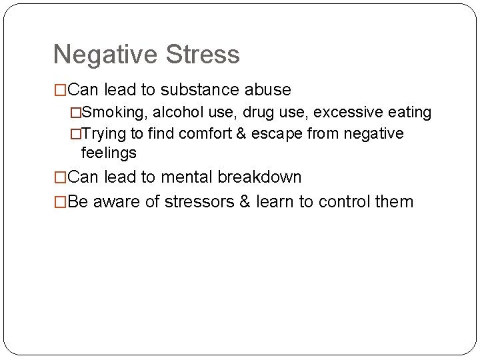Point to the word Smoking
click(113, 113)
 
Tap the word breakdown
click(261, 177)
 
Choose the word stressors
click(193, 201)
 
